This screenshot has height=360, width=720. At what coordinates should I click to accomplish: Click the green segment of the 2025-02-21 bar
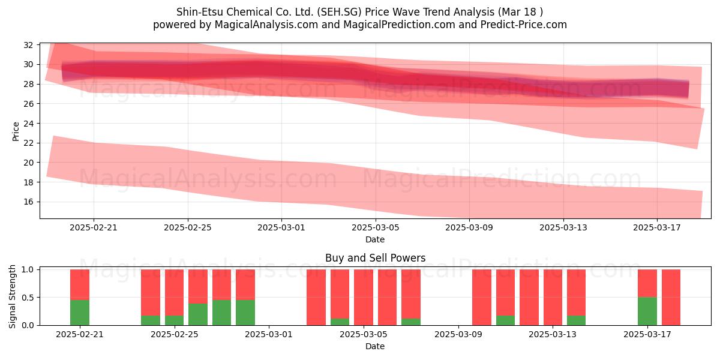pos(80,313)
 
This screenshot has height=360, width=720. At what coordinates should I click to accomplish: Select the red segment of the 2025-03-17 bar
pos(647,283)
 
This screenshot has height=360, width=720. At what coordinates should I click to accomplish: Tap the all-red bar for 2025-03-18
pos(671,298)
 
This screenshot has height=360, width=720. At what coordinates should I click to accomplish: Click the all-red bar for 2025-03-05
pos(364,298)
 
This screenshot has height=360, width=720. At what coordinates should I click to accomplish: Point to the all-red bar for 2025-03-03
pos(316,298)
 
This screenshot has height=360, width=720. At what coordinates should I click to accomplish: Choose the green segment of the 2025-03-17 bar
pos(647,311)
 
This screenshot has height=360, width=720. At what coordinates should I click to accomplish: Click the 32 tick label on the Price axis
pos(28,45)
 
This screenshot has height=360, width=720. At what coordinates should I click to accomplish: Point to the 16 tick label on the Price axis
pos(28,202)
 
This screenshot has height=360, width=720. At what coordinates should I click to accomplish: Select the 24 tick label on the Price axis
pos(28,124)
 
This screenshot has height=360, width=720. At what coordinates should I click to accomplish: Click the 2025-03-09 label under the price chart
pos(469,227)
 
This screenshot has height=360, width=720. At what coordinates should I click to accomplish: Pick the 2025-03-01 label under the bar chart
pos(269,334)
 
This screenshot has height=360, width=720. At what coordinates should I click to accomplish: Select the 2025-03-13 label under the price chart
pos(563,227)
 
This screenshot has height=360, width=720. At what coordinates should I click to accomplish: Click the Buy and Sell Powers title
pos(375,258)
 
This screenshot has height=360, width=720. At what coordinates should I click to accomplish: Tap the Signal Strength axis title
pos(12,296)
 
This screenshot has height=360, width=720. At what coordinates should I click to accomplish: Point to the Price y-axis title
pos(16,131)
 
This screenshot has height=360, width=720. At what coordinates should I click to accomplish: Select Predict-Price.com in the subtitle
pos(524,25)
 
